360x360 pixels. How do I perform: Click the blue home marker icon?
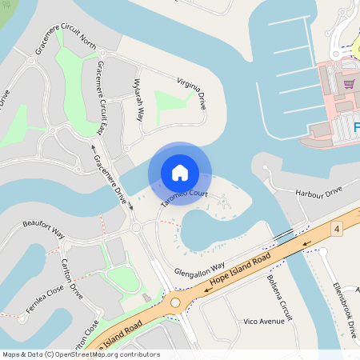tap(179, 173)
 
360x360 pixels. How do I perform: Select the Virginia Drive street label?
tap(196, 93)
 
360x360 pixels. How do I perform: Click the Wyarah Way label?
tap(138, 100)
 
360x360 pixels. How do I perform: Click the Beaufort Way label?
tap(43, 230)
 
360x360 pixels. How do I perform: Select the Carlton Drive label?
tap(72, 278)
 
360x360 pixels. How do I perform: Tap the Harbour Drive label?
tap(318, 193)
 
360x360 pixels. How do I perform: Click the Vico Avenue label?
tap(263, 321)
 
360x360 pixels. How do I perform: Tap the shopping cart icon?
tap(349, 83)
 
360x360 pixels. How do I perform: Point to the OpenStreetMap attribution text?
tap(80, 354)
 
